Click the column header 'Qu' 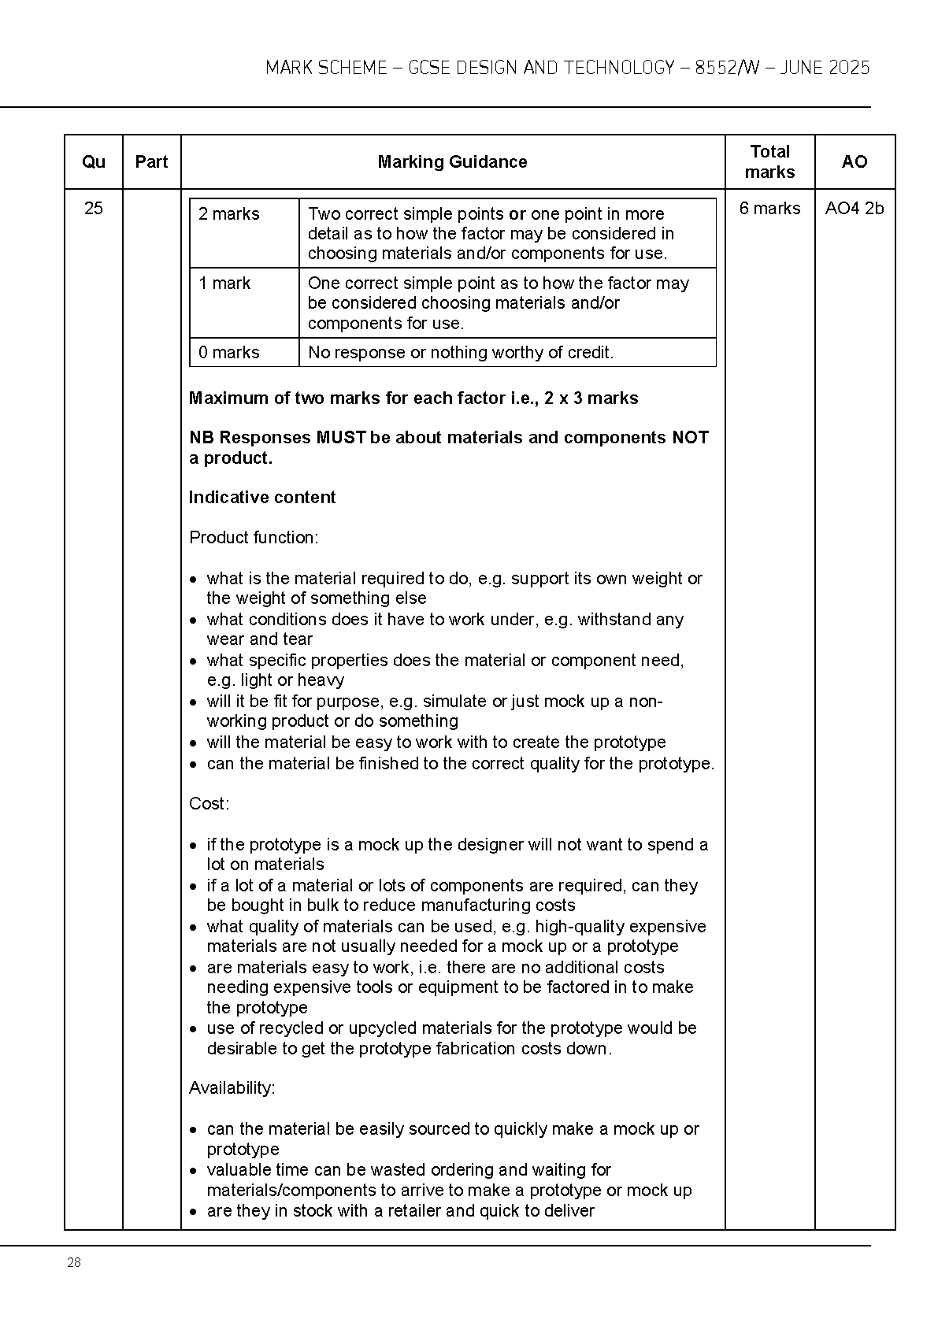[93, 162]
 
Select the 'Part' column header [151, 162]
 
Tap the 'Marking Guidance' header [452, 162]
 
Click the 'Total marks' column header [769, 162]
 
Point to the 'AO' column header [855, 162]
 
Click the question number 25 [93, 209]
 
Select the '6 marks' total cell [769, 209]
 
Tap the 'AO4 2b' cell [855, 209]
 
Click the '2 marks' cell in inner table [229, 214]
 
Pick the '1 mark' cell [224, 283]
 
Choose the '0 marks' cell [229, 353]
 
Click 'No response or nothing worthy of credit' [461, 353]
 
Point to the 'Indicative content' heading [262, 498]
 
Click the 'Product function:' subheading [254, 538]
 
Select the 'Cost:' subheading [209, 804]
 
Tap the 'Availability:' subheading [232, 1088]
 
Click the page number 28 [74, 1263]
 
